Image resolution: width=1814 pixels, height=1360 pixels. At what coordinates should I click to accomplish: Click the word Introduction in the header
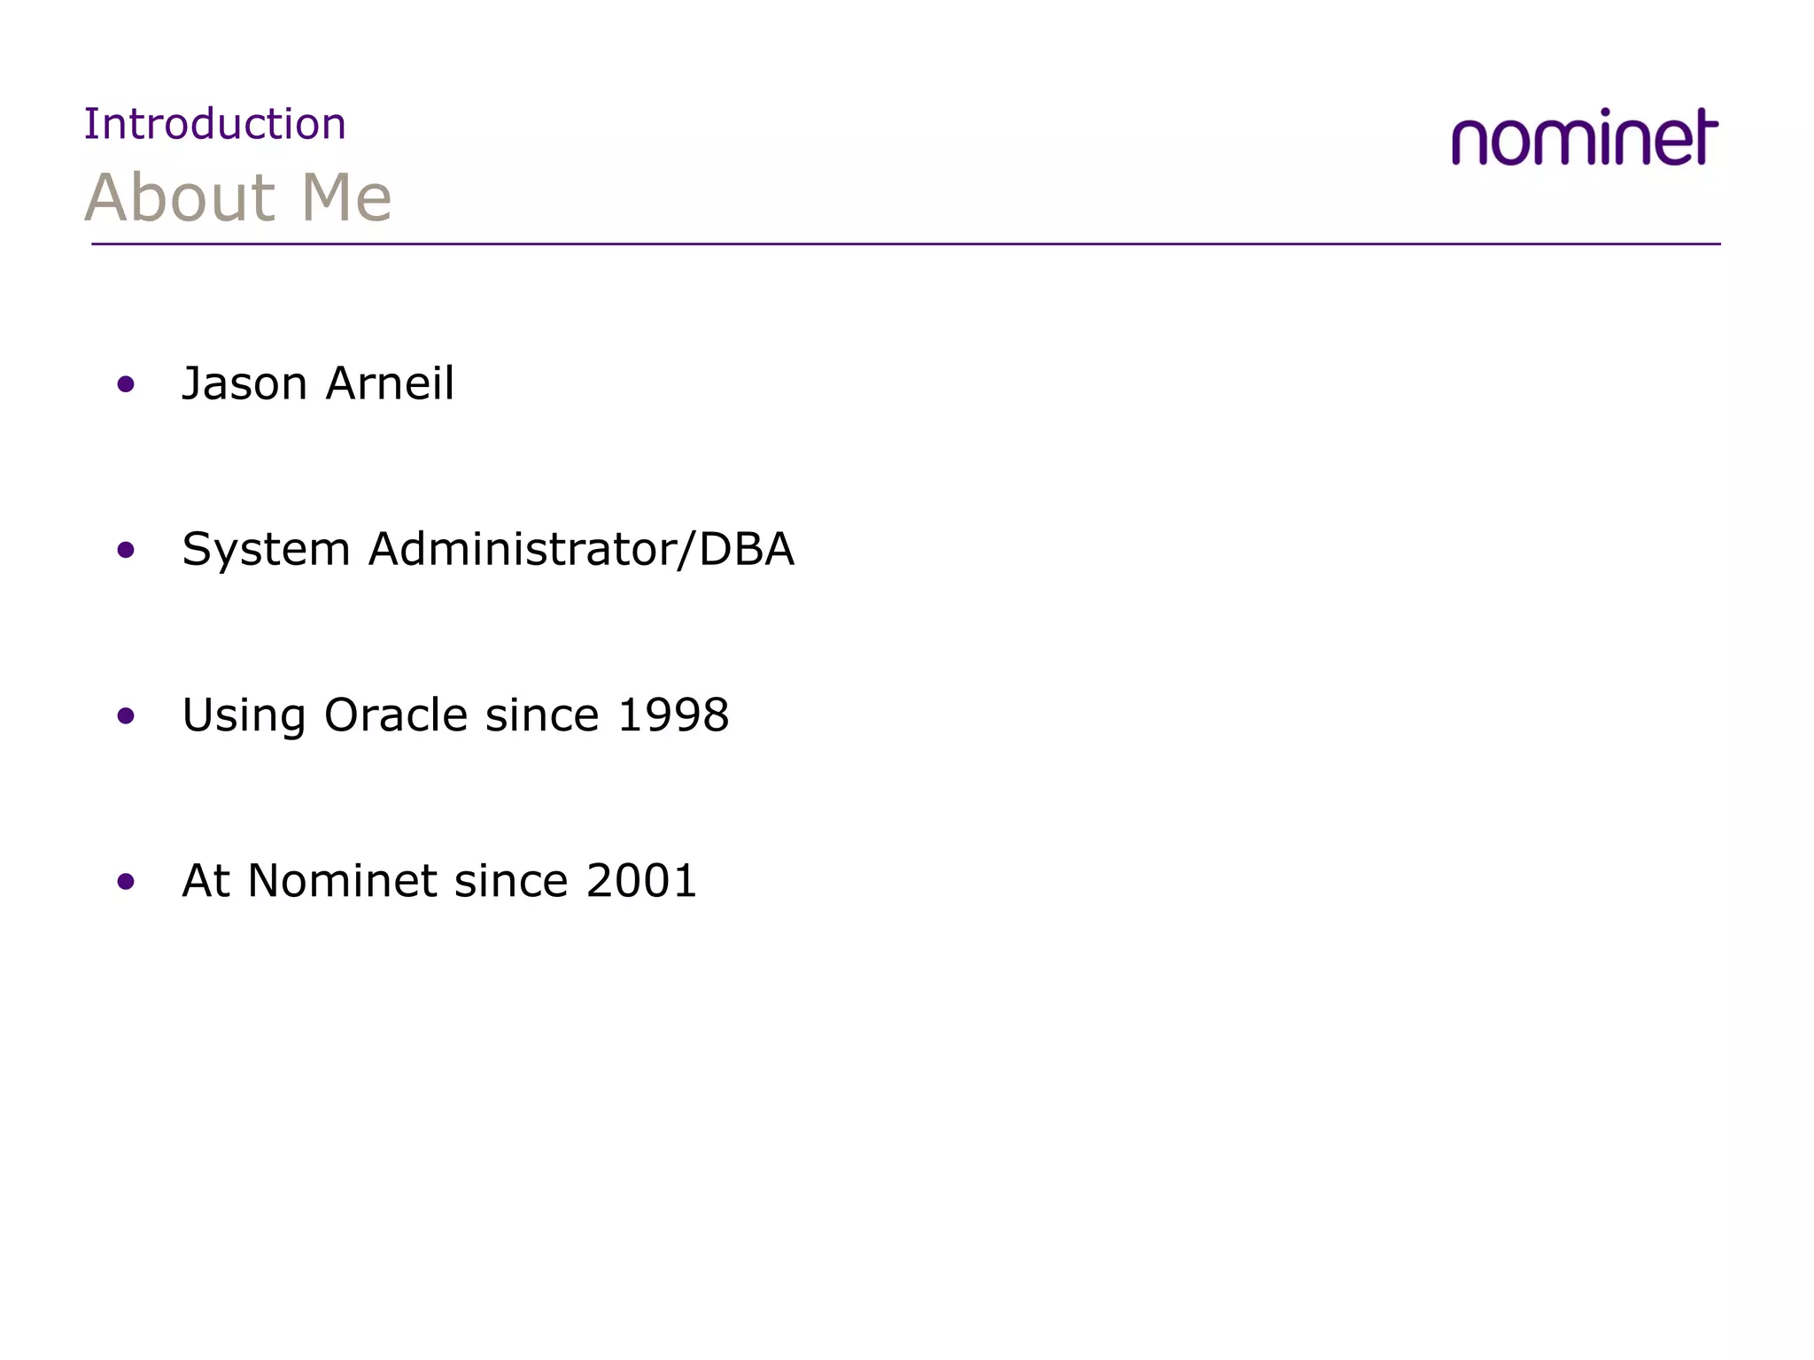click(214, 124)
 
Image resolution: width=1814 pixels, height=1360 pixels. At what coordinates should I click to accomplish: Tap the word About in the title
click(181, 197)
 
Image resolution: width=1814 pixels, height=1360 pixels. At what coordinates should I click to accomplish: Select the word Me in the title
click(346, 197)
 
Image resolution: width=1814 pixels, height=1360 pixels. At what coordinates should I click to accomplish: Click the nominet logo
click(1585, 138)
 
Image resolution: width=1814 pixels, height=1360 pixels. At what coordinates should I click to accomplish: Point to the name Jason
click(244, 384)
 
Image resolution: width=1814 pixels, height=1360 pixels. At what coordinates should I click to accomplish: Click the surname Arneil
click(390, 384)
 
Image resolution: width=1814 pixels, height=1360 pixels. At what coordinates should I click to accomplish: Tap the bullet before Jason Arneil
click(126, 384)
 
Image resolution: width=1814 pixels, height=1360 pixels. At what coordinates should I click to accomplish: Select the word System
click(266, 550)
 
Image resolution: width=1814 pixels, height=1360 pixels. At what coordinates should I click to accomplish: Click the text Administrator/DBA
click(581, 550)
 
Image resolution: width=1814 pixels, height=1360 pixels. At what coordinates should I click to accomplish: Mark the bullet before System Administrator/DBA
click(126, 550)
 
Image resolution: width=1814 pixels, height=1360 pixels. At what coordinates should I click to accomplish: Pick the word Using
click(244, 715)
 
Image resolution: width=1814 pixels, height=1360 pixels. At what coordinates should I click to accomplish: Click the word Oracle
click(395, 715)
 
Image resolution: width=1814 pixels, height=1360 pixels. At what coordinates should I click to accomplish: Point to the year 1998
click(673, 715)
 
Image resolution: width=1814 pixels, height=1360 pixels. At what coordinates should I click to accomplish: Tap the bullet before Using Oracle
click(126, 715)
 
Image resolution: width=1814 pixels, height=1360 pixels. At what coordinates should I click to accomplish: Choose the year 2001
click(642, 881)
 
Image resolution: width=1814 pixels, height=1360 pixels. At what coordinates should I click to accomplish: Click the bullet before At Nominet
click(126, 881)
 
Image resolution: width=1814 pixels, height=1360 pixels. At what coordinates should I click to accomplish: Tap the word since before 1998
click(542, 715)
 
